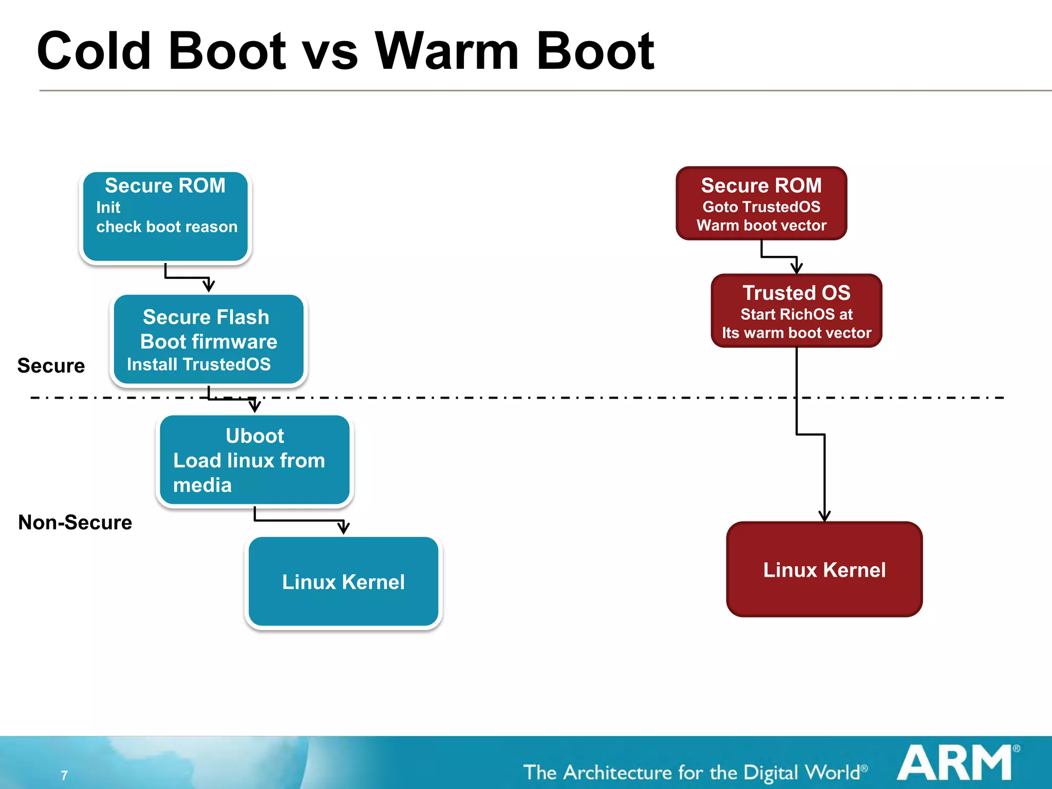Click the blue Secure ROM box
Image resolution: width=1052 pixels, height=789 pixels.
click(x=165, y=217)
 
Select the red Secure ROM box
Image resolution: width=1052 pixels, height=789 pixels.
click(x=761, y=203)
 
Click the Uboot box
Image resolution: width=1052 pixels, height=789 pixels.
click(x=255, y=460)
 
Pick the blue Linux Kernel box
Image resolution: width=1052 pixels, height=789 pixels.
click(x=343, y=581)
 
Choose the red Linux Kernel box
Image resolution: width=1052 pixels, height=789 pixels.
click(x=824, y=569)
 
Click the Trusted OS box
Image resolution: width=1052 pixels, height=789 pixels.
click(x=796, y=311)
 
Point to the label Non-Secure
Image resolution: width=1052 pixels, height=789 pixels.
click(x=75, y=522)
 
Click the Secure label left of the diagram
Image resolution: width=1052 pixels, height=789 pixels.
click(x=51, y=366)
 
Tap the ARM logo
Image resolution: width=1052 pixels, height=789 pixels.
click(x=955, y=763)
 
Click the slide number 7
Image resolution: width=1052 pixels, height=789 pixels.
click(x=64, y=775)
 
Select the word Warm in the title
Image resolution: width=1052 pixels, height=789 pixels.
click(x=447, y=51)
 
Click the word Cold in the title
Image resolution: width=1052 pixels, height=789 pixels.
click(x=94, y=51)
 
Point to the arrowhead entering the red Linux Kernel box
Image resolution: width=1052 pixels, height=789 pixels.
click(x=824, y=516)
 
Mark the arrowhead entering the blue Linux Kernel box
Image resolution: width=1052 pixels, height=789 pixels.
click(x=344, y=528)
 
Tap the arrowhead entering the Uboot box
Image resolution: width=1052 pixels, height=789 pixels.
click(x=255, y=406)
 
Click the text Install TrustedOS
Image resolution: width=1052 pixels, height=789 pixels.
click(x=199, y=364)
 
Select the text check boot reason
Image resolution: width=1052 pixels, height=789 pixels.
click(x=167, y=227)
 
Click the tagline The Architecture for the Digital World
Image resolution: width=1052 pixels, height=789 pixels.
click(x=694, y=773)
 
